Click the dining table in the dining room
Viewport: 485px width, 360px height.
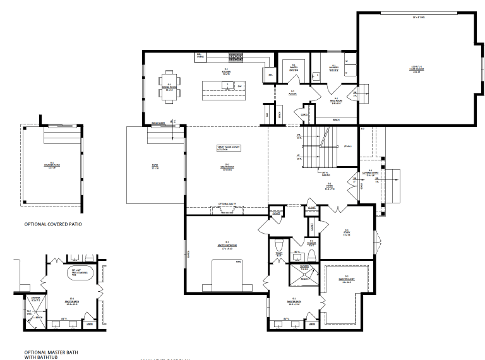pos(169,87)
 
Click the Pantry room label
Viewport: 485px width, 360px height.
pos(294,68)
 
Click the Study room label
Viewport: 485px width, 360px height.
pos(347,232)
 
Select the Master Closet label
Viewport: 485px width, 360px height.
pos(345,280)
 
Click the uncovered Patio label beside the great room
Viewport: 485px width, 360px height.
pos(154,166)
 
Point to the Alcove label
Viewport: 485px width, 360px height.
pos(292,93)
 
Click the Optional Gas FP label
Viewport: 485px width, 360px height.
pos(227,205)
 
